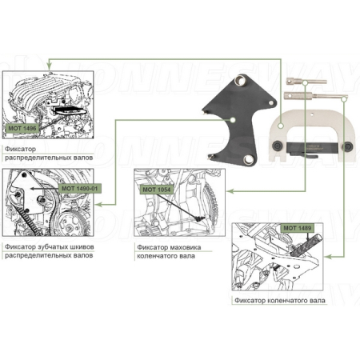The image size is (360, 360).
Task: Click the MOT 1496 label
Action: pyautogui.click(x=22, y=128)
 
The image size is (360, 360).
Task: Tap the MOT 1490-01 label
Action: pyautogui.click(x=79, y=189)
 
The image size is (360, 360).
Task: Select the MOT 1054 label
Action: pyautogui.click(x=157, y=190)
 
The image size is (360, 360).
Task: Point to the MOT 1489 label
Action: pyautogui.click(x=298, y=228)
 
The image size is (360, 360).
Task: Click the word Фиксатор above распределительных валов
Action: pyautogui.click(x=20, y=149)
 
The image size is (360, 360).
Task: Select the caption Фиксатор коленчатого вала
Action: pyautogui.click(x=280, y=301)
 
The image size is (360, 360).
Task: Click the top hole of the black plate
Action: pyautogui.click(x=240, y=81)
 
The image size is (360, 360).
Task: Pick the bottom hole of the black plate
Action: pyautogui.click(x=248, y=159)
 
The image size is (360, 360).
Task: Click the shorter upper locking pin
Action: pyautogui.click(x=306, y=81)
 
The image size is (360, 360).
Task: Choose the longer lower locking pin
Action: pyautogui.click(x=316, y=95)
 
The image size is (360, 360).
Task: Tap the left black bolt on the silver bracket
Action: pyautogui.click(x=278, y=145)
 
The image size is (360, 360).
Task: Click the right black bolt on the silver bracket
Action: pyautogui.click(x=347, y=146)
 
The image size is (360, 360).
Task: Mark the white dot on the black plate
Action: pyautogui.click(x=233, y=120)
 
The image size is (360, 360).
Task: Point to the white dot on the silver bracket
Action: pyautogui.click(x=280, y=126)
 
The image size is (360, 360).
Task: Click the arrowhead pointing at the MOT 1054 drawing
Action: pyautogui.click(x=230, y=191)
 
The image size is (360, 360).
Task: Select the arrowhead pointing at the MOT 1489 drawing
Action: pyautogui.click(x=328, y=257)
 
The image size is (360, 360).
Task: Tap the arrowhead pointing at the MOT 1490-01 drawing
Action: pyautogui.click(x=98, y=205)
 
